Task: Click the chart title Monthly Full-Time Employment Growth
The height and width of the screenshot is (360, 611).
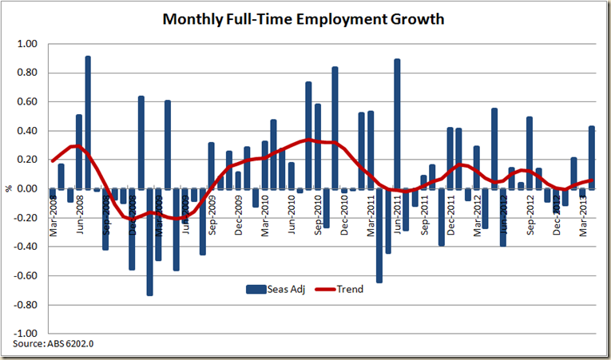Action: pyautogui.click(x=303, y=19)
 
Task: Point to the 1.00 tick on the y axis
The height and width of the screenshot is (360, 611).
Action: pyautogui.click(x=28, y=44)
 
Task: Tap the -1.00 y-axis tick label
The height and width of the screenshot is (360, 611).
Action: pyautogui.click(x=26, y=334)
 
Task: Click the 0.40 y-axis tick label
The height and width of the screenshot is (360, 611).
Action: pyautogui.click(x=28, y=131)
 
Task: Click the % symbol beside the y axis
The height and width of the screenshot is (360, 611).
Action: pyautogui.click(x=10, y=189)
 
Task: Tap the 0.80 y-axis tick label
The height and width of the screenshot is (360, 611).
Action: pyautogui.click(x=28, y=73)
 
